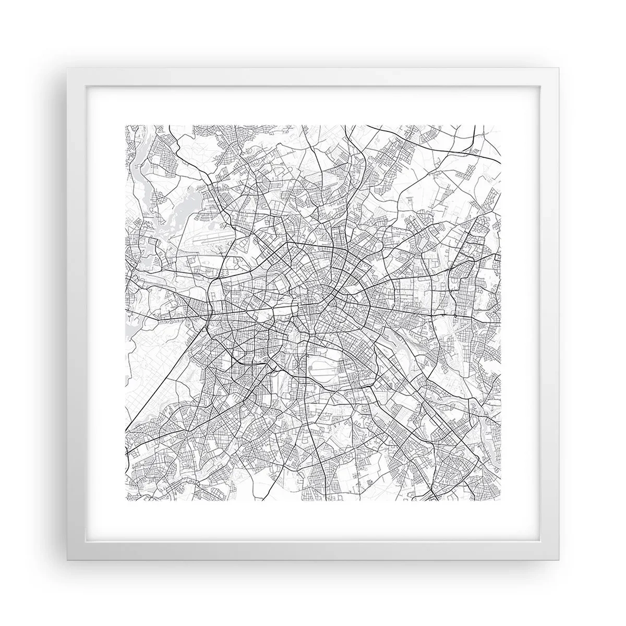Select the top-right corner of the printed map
tap(501, 125)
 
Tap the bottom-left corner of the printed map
tap(126, 500)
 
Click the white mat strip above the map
tap(313, 104)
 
